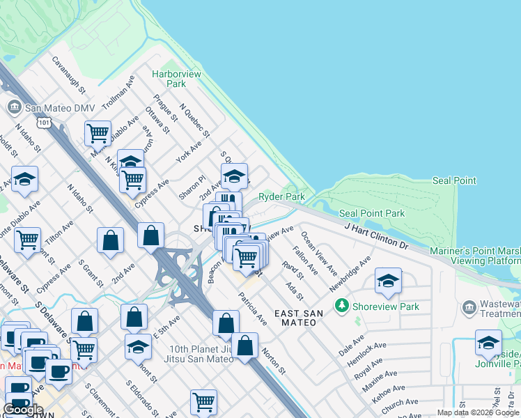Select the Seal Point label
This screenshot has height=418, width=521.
pyautogui.click(x=454, y=180)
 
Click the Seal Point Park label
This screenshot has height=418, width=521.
pyautogui.click(x=371, y=213)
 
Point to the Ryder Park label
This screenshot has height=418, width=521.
pyautogui.click(x=282, y=197)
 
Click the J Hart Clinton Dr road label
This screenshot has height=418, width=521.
pyautogui.click(x=376, y=235)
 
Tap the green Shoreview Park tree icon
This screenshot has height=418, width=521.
pyautogui.click(x=341, y=305)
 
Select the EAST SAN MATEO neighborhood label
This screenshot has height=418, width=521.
pyautogui.click(x=298, y=318)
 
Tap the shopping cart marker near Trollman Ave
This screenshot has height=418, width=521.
pyautogui.click(x=98, y=132)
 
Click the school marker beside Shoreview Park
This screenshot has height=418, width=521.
pyautogui.click(x=388, y=281)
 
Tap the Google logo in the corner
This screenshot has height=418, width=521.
pyautogui.click(x=23, y=409)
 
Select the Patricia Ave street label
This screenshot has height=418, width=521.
pyautogui.click(x=251, y=310)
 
